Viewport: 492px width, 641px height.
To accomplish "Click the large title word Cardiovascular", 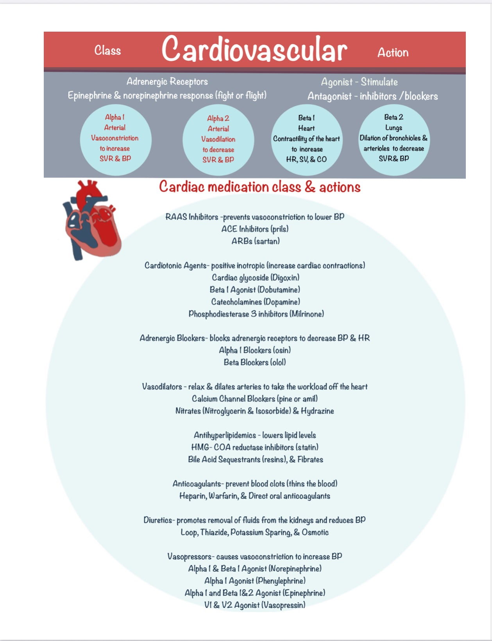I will (254, 50).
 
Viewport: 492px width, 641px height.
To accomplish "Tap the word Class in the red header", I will (107, 50).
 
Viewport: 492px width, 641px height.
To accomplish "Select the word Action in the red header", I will (393, 52).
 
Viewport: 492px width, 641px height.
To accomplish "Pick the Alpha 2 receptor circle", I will (218, 140).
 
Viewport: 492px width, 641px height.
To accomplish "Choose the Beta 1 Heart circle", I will (306, 139).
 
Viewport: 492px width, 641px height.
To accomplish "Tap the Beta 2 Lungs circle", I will (394, 138).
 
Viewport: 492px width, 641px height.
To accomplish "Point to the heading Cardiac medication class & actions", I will (259, 187).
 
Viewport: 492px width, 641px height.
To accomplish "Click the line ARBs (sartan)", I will (256, 241).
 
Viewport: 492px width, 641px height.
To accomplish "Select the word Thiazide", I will (214, 532).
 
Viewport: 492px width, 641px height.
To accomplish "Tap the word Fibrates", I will (310, 459).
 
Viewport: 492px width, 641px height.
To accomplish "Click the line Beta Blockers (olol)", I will (255, 362).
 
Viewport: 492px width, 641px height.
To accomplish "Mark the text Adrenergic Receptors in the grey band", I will (167, 82).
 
